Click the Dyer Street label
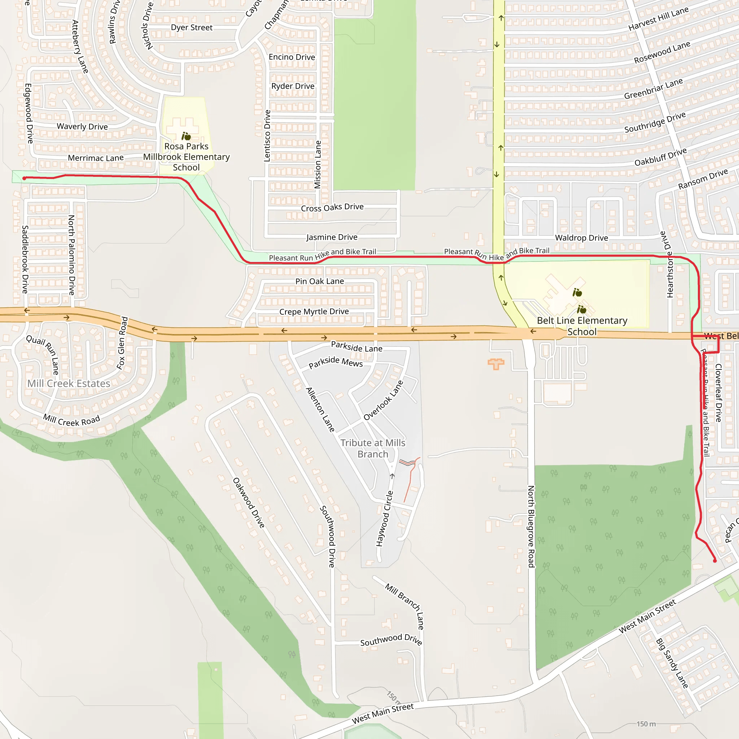click(192, 27)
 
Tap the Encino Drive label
click(292, 57)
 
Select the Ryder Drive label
click(293, 86)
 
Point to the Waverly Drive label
click(82, 127)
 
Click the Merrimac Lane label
click(96, 158)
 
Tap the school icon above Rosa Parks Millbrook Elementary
click(186, 136)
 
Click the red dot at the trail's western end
click(25, 178)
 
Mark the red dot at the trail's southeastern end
click(715, 561)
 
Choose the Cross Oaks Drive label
click(332, 207)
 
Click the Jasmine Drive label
click(332, 237)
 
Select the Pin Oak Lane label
click(319, 281)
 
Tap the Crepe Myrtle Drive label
click(314, 311)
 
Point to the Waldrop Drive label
click(581, 238)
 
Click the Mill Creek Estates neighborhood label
click(69, 383)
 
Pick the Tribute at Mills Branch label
click(373, 448)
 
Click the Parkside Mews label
click(336, 362)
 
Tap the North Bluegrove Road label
click(531, 526)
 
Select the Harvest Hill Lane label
click(658, 19)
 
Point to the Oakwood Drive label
click(249, 503)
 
